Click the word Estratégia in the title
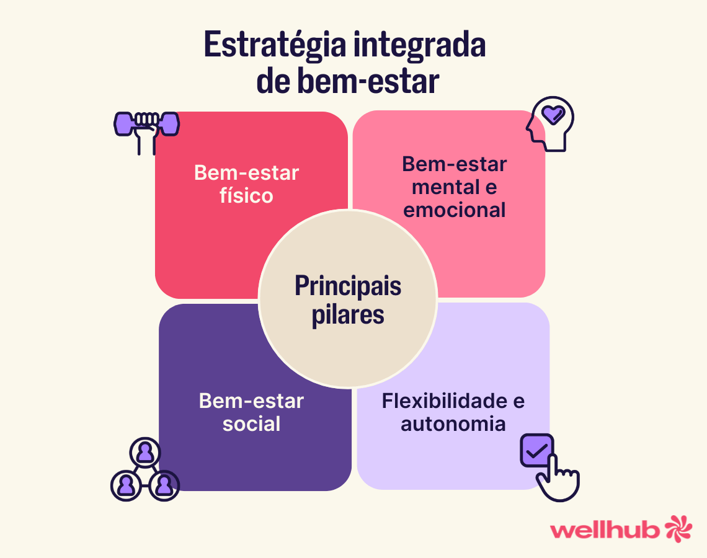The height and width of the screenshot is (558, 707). click(x=275, y=45)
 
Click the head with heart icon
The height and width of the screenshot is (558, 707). click(x=550, y=123)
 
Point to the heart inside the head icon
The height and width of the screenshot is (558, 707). click(x=553, y=115)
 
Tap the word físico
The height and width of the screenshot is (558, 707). click(x=246, y=196)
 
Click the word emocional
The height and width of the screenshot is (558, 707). click(x=454, y=210)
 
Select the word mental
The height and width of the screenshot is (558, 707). click(x=445, y=187)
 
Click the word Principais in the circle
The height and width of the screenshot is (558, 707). click(x=348, y=286)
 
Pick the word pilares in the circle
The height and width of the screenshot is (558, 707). click(x=348, y=314)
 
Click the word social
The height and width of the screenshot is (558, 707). click(x=251, y=423)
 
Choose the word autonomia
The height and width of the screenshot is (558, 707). click(x=453, y=423)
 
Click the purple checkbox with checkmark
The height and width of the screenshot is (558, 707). click(x=536, y=450)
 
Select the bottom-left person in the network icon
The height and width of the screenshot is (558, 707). click(x=126, y=485)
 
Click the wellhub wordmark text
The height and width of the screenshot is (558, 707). click(x=605, y=529)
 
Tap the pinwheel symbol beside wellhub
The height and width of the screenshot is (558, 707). click(x=678, y=528)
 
